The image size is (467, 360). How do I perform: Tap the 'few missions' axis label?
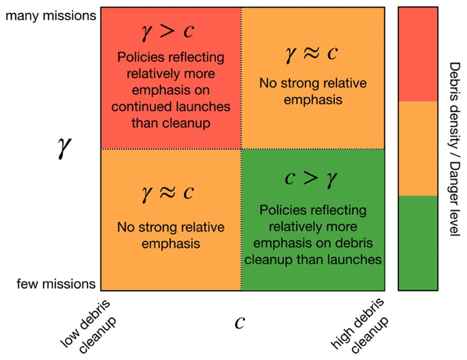pos(56,284)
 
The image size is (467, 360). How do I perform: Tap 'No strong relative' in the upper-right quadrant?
pos(313,83)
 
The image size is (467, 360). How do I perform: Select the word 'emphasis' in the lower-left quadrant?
pos(171,243)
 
